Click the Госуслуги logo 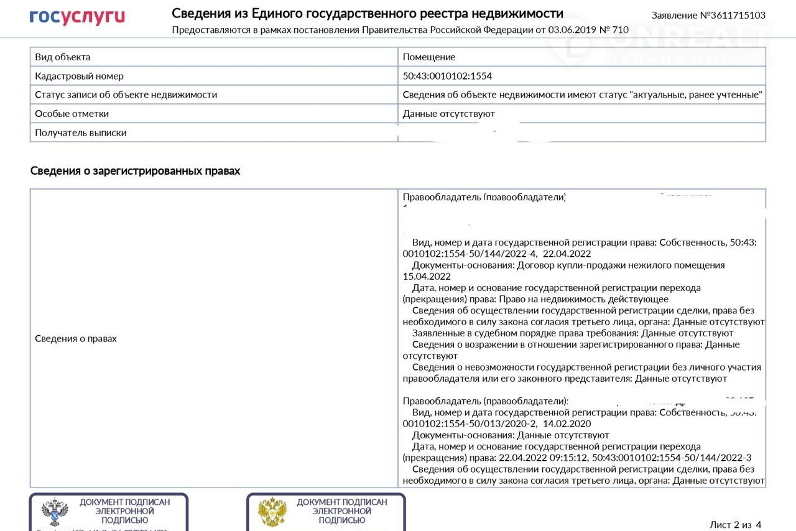(x=77, y=17)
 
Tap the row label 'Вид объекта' (x=63, y=57)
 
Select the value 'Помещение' (x=429, y=57)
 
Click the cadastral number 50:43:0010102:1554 (x=447, y=76)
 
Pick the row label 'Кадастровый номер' (x=79, y=76)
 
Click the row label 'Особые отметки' (x=72, y=114)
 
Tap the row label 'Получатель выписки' (x=80, y=132)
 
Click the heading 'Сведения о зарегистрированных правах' (x=135, y=171)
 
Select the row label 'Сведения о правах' (x=75, y=339)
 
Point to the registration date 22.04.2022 (x=567, y=254)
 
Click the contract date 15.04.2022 (x=427, y=276)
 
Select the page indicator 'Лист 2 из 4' (x=735, y=525)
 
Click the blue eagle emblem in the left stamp (x=55, y=512)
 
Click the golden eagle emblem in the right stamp (x=272, y=512)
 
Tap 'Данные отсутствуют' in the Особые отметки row (x=448, y=114)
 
